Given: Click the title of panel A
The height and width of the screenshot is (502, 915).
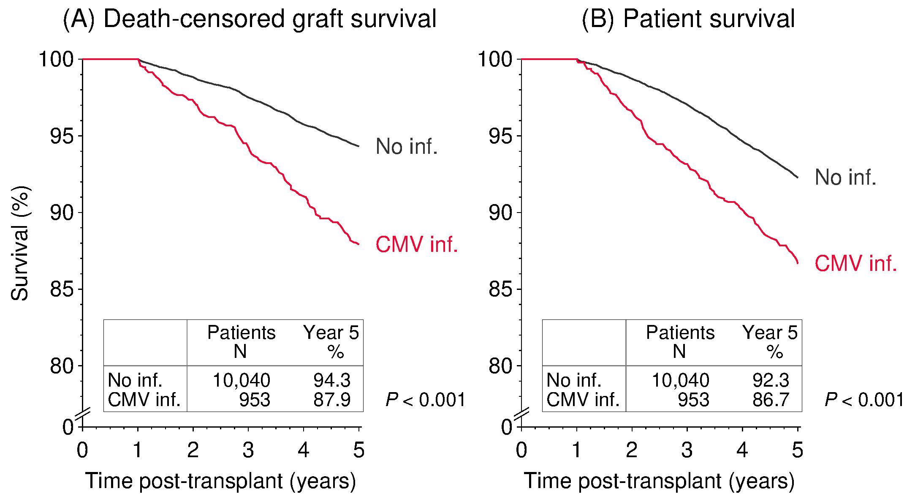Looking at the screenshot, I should point(250,19).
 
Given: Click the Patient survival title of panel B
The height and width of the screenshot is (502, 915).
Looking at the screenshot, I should point(688,19).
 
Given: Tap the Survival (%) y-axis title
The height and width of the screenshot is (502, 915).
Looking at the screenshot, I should point(20,244).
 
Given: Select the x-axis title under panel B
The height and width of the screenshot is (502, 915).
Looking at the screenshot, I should point(659,481).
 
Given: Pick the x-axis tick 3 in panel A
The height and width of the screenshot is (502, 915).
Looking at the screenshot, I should point(248,451).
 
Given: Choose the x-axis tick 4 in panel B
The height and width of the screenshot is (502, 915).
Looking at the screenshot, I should point(742,451).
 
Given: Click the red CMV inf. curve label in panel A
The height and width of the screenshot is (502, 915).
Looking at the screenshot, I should point(417,245).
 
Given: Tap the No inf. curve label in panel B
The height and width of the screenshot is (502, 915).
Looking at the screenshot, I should point(845,177).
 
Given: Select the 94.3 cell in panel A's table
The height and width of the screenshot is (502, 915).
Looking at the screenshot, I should point(331,381).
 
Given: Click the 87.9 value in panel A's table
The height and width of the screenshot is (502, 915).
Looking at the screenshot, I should point(331,400).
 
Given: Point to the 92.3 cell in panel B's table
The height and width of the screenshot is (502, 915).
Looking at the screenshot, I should point(771,381).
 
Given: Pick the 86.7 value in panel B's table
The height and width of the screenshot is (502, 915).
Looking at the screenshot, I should point(771,400).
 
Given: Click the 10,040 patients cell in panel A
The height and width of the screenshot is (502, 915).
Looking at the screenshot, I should point(241,381).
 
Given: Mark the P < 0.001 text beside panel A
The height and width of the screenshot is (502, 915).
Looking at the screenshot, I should point(426,400).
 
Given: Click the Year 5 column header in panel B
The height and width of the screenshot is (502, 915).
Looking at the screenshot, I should point(770,333).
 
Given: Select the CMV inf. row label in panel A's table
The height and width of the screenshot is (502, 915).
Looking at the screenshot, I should point(144,400).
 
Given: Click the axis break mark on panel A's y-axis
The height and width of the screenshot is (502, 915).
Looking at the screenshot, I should point(83,415).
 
